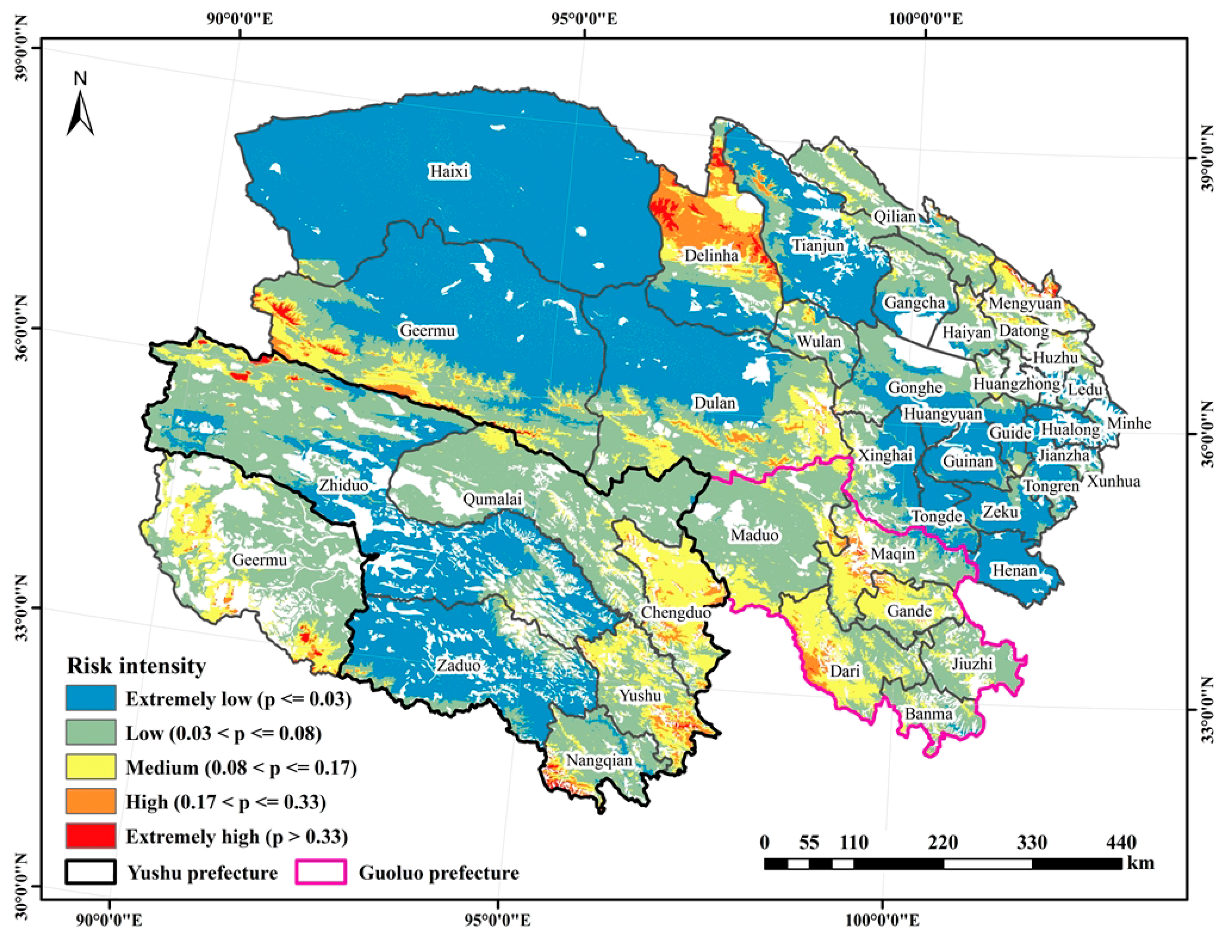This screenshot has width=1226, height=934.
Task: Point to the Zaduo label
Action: coord(458,665)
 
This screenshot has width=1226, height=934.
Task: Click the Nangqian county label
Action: coord(599,760)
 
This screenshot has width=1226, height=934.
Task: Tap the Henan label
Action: coord(1014,570)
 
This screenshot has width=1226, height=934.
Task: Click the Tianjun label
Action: coord(817,245)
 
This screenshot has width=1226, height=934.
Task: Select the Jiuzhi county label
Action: coord(972,663)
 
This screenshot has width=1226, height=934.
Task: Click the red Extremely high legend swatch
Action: coord(91,836)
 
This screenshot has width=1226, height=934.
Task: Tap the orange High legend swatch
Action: coord(91,801)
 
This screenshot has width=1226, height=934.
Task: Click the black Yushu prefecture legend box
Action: coord(91,872)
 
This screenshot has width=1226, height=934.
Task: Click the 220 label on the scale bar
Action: coord(942,842)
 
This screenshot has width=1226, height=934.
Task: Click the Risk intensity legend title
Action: coord(136,665)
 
